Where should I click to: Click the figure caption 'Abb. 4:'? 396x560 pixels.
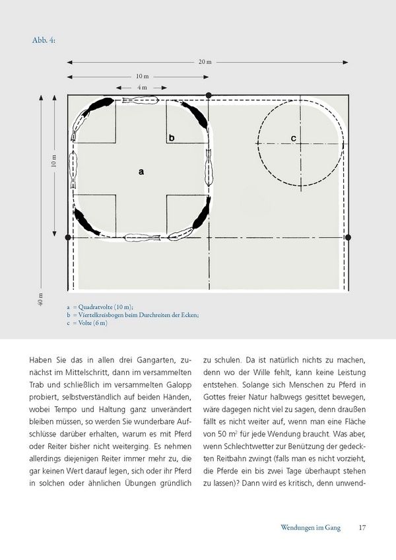tap(44, 41)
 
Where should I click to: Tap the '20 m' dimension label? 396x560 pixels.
tap(204, 63)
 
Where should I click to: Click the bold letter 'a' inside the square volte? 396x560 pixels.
tap(141, 170)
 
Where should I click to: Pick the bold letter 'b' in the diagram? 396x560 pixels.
tap(172, 137)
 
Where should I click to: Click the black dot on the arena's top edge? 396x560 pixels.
tap(209, 95)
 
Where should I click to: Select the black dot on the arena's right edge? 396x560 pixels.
tap(348, 236)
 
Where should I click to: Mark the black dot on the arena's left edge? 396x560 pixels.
tap(68, 236)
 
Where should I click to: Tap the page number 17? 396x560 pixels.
tap(362, 527)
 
